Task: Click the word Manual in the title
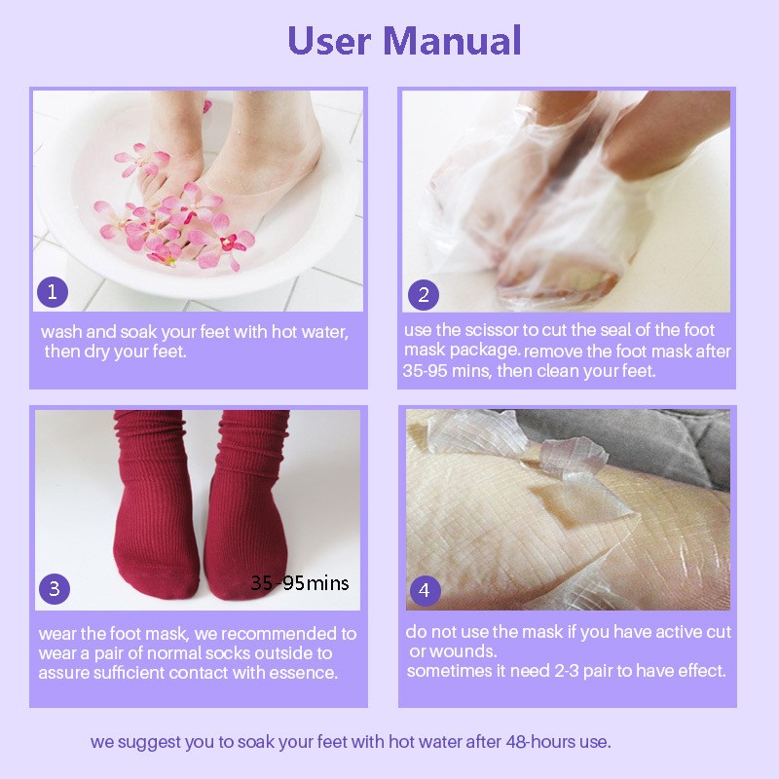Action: click(x=452, y=41)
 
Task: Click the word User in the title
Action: click(x=329, y=41)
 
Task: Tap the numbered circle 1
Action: click(x=53, y=291)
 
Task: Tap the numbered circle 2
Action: click(x=424, y=293)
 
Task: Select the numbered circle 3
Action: click(x=55, y=588)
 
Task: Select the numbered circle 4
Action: click(x=424, y=589)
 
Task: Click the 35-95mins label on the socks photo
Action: click(x=299, y=583)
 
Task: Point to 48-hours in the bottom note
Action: click(x=541, y=742)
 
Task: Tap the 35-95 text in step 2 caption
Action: click(x=424, y=371)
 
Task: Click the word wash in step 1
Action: click(x=59, y=332)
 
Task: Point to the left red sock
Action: click(x=152, y=516)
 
